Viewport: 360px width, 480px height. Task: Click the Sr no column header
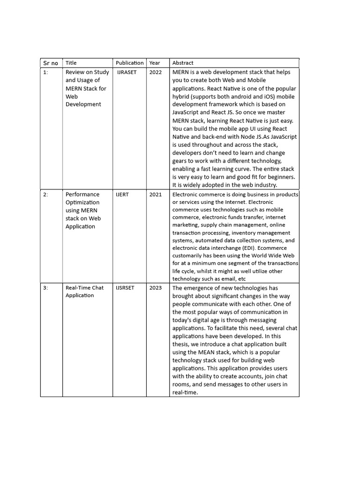(51, 63)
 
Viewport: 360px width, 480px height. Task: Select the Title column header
(71, 63)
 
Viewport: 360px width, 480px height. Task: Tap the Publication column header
(130, 63)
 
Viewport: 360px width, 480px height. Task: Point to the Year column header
(155, 63)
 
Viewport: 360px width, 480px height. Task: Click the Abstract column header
(183, 63)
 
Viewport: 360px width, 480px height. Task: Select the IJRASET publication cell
(127, 72)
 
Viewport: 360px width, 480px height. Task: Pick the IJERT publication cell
(122, 195)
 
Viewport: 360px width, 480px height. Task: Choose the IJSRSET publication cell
(125, 288)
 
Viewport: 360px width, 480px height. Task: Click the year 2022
(156, 72)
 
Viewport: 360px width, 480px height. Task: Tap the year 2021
(156, 195)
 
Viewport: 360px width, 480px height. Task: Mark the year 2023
(156, 288)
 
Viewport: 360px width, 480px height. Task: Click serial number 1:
(45, 72)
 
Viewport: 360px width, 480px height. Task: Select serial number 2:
(45, 195)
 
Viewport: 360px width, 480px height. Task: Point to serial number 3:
(45, 288)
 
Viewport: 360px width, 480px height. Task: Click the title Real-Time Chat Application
(84, 292)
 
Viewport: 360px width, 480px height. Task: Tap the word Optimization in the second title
(82, 202)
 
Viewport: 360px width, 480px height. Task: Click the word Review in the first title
(75, 72)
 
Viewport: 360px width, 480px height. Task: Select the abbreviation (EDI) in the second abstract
(239, 248)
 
